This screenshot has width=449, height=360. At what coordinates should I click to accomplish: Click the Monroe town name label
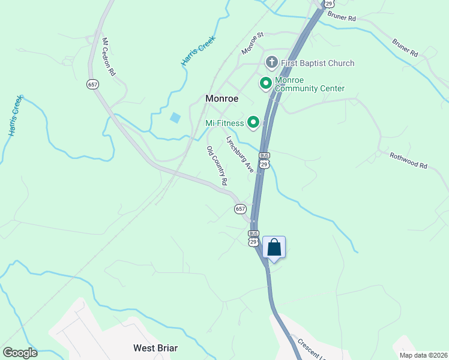tap(222, 98)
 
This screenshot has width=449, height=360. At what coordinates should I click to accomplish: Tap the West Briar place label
tap(155, 348)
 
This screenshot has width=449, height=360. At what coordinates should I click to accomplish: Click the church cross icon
tap(271, 62)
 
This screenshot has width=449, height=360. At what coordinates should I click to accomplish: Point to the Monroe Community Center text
tap(310, 84)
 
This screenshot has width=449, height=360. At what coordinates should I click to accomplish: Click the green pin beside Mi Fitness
tap(253, 123)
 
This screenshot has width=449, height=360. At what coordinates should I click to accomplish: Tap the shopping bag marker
tap(274, 247)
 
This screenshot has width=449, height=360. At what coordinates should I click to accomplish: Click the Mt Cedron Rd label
tap(109, 57)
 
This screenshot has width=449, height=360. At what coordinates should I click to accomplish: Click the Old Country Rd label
tap(217, 165)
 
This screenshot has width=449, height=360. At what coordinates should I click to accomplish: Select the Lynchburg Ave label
tap(240, 154)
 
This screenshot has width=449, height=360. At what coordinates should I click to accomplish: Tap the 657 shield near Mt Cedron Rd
tap(92, 85)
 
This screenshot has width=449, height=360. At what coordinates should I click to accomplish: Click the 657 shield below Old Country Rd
tap(240, 208)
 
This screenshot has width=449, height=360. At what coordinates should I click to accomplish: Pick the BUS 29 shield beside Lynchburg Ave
tap(264, 160)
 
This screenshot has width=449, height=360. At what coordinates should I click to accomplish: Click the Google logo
tap(20, 353)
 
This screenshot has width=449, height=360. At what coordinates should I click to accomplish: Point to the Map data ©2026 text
tap(423, 355)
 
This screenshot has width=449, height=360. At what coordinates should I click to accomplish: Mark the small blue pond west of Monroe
tap(175, 118)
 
